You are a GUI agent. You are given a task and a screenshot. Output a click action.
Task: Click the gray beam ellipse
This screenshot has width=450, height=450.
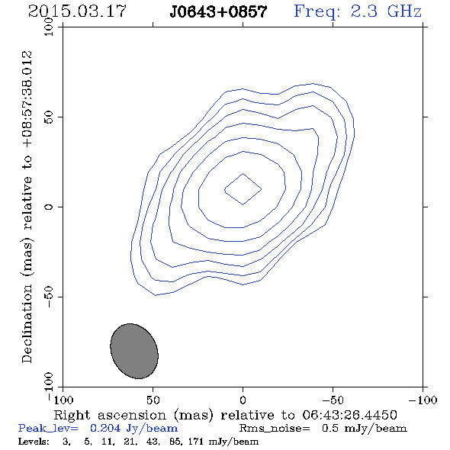[x=134, y=351]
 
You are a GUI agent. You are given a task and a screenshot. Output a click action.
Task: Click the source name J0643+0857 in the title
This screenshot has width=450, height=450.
[x=218, y=12]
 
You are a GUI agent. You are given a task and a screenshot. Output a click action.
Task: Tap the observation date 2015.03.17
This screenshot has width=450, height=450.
[x=77, y=11]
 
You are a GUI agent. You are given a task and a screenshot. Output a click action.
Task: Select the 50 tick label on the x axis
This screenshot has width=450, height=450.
[x=153, y=400]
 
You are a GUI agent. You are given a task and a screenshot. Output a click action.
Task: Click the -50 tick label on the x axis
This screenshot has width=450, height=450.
[x=333, y=400]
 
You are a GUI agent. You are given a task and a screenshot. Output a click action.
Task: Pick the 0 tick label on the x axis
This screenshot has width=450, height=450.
[x=243, y=400]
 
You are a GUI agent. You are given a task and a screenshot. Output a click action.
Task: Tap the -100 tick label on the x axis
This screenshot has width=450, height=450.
[x=423, y=400]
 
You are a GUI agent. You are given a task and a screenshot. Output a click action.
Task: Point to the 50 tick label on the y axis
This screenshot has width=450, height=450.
[x=49, y=117]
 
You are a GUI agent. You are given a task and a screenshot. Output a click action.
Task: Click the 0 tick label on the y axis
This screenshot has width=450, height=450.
[x=49, y=207]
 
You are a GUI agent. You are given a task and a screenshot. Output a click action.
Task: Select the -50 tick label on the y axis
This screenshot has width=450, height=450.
[x=49, y=297]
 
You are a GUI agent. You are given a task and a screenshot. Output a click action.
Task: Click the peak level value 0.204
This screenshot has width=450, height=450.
[x=105, y=428]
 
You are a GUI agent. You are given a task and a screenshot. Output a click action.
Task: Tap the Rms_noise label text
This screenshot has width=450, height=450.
[x=275, y=429]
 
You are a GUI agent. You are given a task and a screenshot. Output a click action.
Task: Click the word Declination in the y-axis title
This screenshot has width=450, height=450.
[x=27, y=324]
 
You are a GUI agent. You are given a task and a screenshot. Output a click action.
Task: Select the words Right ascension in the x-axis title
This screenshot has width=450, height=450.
[x=110, y=415]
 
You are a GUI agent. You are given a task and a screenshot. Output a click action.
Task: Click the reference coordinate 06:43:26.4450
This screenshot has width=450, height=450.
[x=349, y=415]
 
